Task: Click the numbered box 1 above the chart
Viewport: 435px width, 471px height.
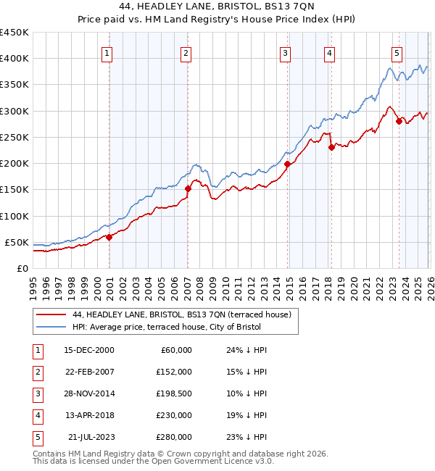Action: pyautogui.click(x=107, y=52)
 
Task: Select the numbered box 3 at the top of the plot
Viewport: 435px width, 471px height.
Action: pyautogui.click(x=286, y=52)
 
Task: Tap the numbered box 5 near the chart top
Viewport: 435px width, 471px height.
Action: pyautogui.click(x=397, y=52)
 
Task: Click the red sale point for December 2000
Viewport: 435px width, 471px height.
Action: pyautogui.click(x=109, y=237)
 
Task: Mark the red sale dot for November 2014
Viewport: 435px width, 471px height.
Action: pyautogui.click(x=288, y=164)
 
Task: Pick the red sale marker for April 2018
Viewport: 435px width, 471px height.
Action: pyautogui.click(x=331, y=148)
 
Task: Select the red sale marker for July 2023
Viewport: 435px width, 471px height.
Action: pyautogui.click(x=399, y=122)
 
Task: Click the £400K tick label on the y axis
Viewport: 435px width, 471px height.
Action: pyautogui.click(x=14, y=59)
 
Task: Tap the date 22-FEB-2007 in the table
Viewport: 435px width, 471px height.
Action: pyautogui.click(x=89, y=372)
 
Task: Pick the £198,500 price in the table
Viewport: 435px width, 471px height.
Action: pyautogui.click(x=173, y=393)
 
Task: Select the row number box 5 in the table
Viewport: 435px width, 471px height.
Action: pyautogui.click(x=36, y=437)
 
